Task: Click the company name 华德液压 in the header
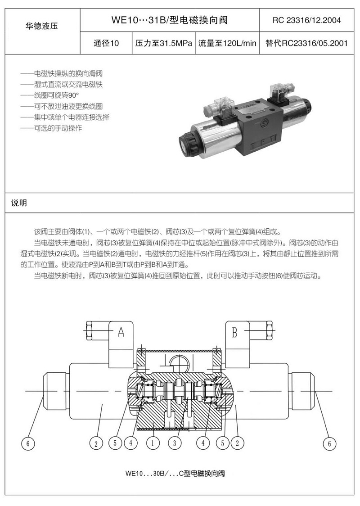pyautogui.click(x=42, y=26)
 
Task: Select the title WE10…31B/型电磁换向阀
pyautogui.click(x=170, y=20)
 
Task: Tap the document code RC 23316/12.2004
pyautogui.click(x=306, y=20)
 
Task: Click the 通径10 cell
pyautogui.click(x=106, y=43)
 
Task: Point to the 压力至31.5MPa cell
pyautogui.click(x=163, y=43)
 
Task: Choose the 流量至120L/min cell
pyautogui.click(x=227, y=43)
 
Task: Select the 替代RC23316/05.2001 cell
pyautogui.click(x=306, y=43)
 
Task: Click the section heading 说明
pyautogui.click(x=19, y=203)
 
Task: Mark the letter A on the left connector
pyautogui.click(x=121, y=332)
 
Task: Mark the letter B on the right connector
pyautogui.click(x=234, y=332)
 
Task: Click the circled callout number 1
pyautogui.click(x=153, y=443)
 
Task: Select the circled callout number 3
pyautogui.click(x=175, y=443)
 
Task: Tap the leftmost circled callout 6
pyautogui.click(x=28, y=444)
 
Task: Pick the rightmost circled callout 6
pyautogui.click(x=329, y=444)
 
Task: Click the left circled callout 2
pyautogui.click(x=96, y=444)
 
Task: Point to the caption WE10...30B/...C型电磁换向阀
pyautogui.click(x=175, y=474)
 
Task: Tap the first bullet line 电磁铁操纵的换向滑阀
pyautogui.click(x=61, y=73)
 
